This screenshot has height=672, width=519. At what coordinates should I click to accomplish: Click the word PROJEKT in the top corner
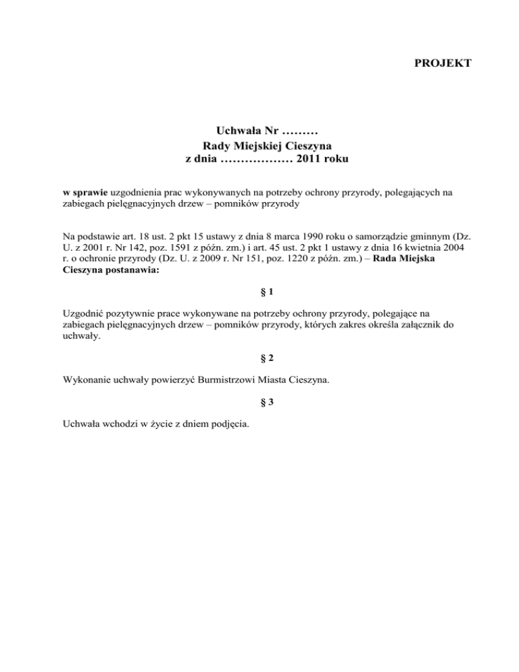[442, 64]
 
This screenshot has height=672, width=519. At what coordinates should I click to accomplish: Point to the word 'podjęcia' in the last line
[230, 425]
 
